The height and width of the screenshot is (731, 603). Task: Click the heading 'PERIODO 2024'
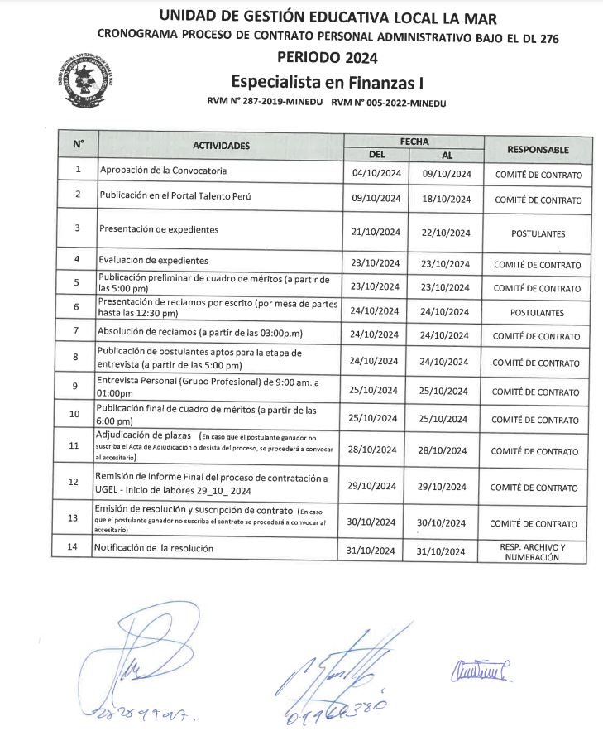[x=328, y=57]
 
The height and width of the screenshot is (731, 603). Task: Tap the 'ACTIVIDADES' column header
[x=221, y=146]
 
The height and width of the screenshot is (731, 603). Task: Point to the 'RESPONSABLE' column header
[x=538, y=149]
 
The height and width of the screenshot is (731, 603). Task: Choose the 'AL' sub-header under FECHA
[x=447, y=155]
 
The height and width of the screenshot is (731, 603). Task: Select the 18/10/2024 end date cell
[x=447, y=200]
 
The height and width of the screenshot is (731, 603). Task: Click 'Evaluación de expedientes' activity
[x=153, y=260]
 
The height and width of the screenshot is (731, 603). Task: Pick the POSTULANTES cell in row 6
[x=538, y=313]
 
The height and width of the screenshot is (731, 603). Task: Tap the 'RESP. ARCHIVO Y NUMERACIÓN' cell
[x=538, y=552]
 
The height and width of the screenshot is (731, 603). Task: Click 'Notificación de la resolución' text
[x=153, y=548]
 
